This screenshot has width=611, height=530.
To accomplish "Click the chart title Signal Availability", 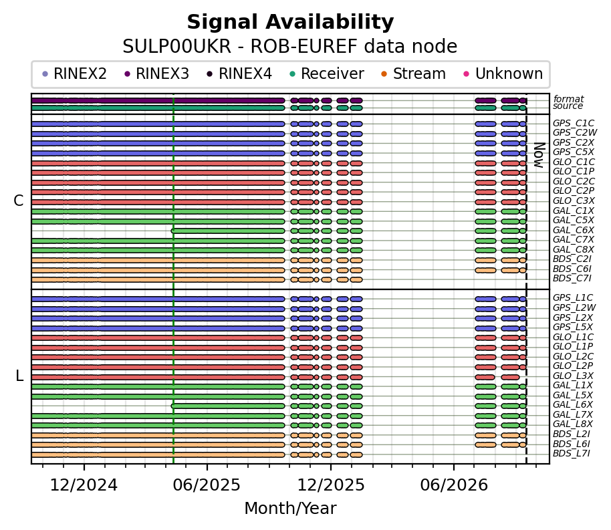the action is (290, 22).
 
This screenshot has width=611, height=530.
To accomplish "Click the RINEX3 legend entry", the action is (156, 74).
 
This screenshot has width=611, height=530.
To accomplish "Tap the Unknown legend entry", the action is (503, 74).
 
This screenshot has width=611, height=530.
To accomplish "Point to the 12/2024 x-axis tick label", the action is (84, 485).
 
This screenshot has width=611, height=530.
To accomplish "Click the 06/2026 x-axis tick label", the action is (454, 485).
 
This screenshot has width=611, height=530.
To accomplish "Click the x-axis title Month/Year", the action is (290, 509).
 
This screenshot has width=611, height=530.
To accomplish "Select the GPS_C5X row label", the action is (573, 152).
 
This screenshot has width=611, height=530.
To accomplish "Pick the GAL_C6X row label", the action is (573, 231).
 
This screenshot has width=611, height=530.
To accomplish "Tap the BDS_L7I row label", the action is (572, 454).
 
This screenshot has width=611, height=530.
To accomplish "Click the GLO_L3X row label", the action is (573, 376).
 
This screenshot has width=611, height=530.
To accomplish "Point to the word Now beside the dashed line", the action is (539, 154).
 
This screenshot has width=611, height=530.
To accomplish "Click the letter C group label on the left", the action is (19, 201).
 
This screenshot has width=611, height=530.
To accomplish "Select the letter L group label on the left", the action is (19, 376).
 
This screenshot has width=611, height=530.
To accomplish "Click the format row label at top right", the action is (568, 99).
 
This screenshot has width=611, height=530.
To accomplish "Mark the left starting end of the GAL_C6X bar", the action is (172, 231).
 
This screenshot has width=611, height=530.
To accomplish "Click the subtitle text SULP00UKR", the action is (177, 47).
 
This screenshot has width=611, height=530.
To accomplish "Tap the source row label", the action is (568, 106).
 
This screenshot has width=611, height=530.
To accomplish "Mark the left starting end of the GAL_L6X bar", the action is (172, 406).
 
